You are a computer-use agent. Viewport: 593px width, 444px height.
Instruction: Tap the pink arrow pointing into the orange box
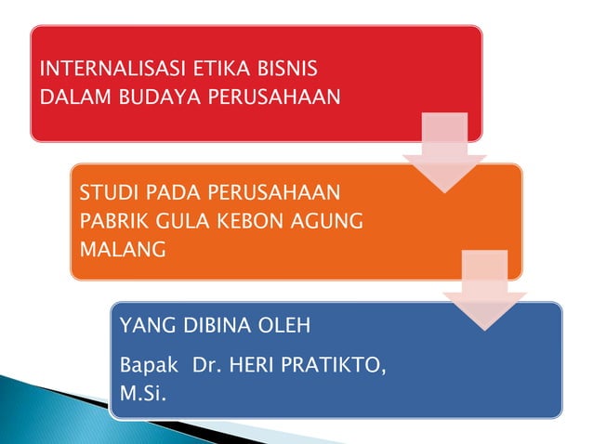(444, 151)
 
